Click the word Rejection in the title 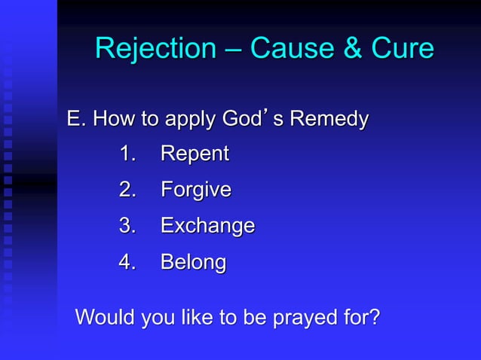click(155, 49)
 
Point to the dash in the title click(232, 50)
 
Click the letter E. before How click(75, 119)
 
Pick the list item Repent click(195, 154)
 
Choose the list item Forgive click(195, 191)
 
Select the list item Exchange click(207, 227)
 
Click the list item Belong click(193, 263)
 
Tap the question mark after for click(372, 317)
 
